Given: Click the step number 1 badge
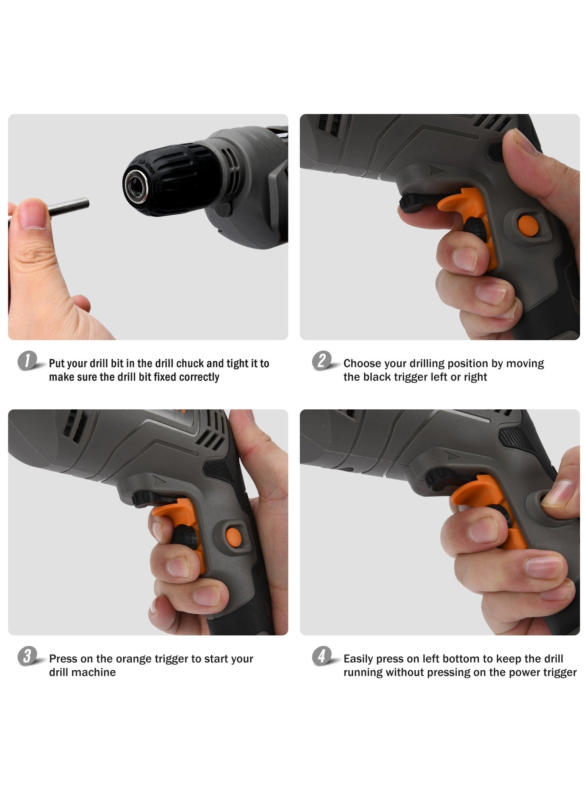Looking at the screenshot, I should pos(28,361).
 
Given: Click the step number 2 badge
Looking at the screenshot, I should pos(322,361).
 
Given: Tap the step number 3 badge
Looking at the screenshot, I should pos(28,656).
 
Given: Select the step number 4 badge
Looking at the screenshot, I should pos(322,656).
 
